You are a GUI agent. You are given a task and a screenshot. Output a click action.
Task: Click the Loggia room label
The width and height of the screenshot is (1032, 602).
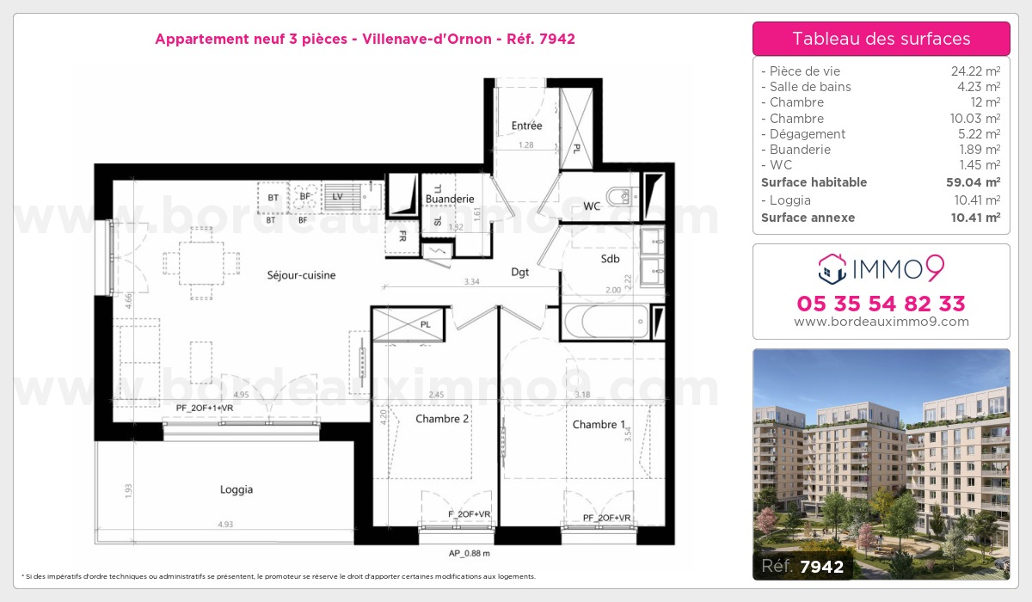coord(236,489)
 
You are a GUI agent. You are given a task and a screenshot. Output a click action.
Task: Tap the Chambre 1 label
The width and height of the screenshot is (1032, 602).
coord(594,424)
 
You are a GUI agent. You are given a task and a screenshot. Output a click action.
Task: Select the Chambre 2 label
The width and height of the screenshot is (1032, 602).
coord(442,419)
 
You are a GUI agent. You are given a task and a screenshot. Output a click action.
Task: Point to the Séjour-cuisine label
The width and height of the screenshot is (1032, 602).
coord(300,275)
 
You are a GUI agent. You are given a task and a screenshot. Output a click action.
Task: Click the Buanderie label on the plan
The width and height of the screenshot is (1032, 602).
coord(450,199)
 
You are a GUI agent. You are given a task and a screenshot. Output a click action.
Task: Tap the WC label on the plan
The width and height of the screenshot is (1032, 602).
coord(592,206)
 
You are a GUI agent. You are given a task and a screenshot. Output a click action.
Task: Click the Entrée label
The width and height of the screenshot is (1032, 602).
coord(526,126)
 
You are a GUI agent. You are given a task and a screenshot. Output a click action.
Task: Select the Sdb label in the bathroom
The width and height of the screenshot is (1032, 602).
coord(610,258)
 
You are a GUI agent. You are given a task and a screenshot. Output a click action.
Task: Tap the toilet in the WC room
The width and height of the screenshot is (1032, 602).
coord(619,198)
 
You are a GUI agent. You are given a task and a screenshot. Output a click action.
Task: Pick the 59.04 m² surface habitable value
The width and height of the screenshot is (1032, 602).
coord(974,182)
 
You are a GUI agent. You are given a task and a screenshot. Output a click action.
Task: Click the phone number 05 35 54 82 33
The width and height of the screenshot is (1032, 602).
coord(881,304)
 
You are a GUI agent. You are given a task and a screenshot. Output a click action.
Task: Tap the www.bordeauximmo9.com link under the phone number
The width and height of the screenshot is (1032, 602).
coord(881,322)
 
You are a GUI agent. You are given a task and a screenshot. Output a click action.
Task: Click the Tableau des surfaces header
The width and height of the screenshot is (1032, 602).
coord(881,39)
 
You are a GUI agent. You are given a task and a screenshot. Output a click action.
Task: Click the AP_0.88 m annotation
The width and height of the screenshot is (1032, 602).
coord(469,553)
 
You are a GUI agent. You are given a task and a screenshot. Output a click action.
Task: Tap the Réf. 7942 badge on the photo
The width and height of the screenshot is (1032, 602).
coord(803,565)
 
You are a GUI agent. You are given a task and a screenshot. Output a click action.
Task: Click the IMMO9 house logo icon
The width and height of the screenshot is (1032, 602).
coord(830,268)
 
